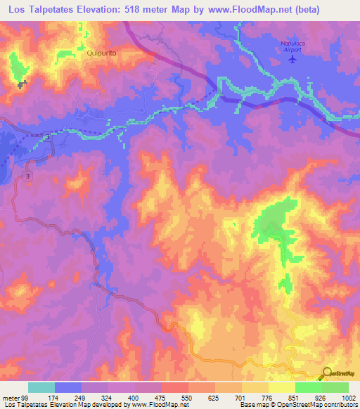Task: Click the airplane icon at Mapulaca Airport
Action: [x=292, y=59]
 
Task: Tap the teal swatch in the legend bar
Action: [x=41, y=388]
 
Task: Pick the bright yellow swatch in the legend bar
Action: [x=281, y=388]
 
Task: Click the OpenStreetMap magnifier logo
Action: [x=327, y=372]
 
